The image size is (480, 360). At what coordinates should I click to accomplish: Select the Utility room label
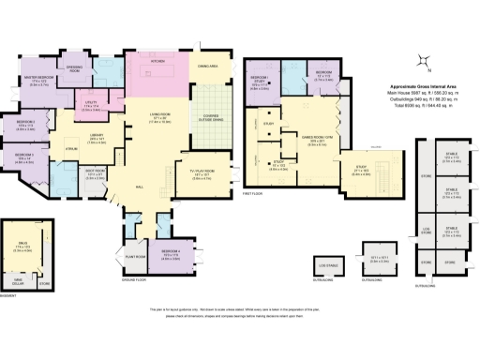pos(91,104)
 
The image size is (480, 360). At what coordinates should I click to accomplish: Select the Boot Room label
pos(94,172)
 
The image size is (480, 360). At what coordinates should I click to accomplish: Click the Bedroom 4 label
pos(170,252)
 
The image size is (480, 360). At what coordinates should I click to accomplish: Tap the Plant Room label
pos(132,255)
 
